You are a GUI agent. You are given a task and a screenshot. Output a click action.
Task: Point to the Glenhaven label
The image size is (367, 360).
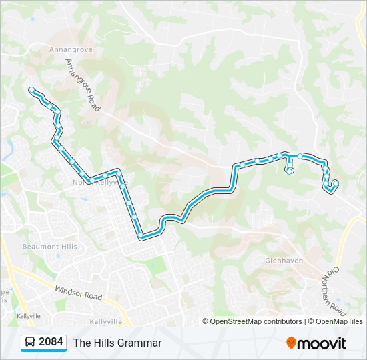pos(284,261)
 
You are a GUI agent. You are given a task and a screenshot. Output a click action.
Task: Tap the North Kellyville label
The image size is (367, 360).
pos(100,182)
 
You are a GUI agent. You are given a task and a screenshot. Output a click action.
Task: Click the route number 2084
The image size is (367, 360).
pos(51,343)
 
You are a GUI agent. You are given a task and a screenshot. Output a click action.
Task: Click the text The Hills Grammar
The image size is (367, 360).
pos(117,343)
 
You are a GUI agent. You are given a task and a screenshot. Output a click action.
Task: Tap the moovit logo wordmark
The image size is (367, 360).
pos(322,343)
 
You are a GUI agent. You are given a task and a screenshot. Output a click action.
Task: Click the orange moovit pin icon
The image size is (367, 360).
pos(291,343)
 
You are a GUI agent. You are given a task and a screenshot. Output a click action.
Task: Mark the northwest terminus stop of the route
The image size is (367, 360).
pos(31,89)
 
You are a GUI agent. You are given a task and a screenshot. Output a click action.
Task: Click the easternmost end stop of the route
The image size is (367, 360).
pos(336,183)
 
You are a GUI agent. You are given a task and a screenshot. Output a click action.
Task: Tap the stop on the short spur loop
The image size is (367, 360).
pos(290,171)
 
